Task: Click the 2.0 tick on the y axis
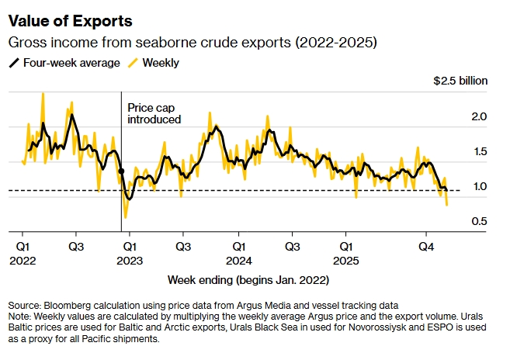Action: [x=478, y=116]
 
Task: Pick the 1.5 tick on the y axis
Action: [x=478, y=151]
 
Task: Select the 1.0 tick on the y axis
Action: [x=478, y=186]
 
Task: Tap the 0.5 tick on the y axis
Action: [x=478, y=221]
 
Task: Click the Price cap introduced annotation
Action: [x=154, y=114]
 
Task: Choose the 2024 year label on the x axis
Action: [x=240, y=260]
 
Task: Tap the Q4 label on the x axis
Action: [x=425, y=246]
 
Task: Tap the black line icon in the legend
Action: [x=14, y=63]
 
